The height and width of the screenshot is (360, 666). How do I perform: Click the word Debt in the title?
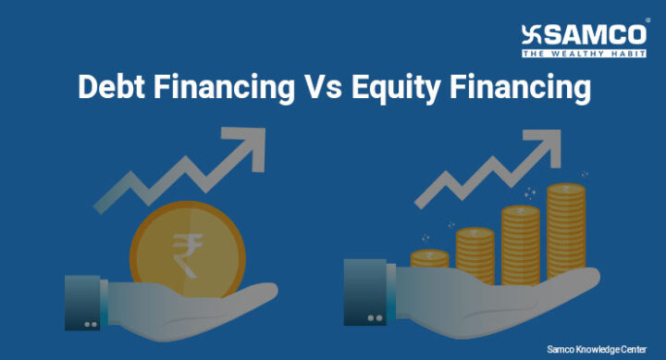(x=110, y=89)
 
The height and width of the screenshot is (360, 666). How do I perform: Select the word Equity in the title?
(x=397, y=90)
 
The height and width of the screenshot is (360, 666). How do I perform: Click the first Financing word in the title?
(x=223, y=90)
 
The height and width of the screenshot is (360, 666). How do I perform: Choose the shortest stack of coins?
(x=429, y=260)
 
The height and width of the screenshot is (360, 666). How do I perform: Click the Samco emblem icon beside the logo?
(x=533, y=34)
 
